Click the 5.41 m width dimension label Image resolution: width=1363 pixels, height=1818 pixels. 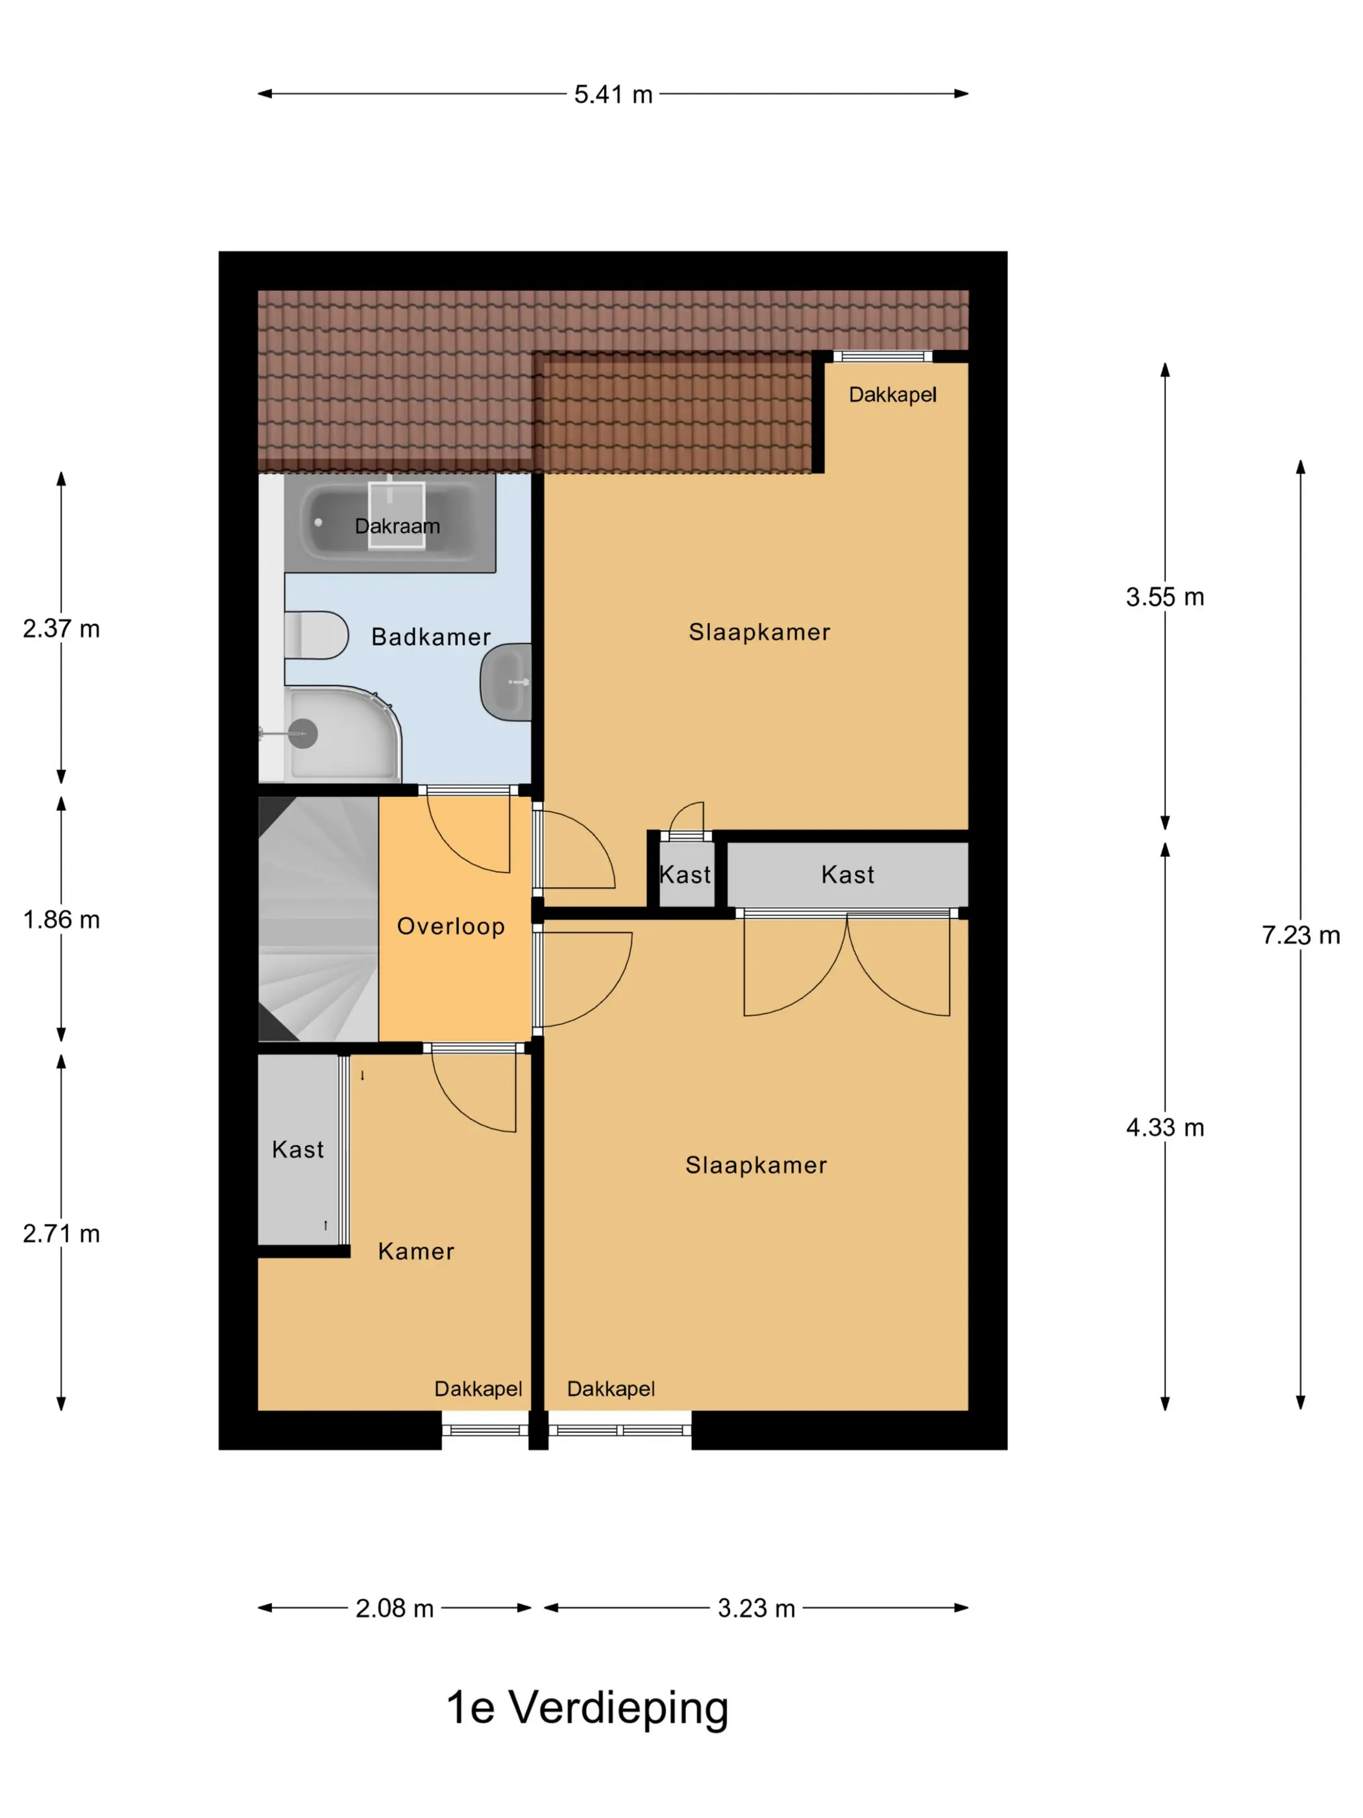613,95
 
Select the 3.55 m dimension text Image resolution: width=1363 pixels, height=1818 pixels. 1165,597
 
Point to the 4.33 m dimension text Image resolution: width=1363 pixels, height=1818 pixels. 1165,1127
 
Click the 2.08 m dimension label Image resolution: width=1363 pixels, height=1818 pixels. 395,1608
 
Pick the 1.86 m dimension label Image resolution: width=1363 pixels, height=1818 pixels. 62,919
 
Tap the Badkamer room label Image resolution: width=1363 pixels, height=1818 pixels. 432,637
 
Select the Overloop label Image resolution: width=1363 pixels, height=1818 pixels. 451,927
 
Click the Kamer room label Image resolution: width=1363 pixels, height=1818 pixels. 416,1251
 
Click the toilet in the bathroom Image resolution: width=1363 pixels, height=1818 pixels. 316,635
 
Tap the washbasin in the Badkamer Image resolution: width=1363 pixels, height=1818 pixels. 506,682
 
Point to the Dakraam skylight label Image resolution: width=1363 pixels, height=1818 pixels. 397,526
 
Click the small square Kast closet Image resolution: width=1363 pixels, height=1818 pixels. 687,875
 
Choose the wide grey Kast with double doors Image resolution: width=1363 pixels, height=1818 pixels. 847,875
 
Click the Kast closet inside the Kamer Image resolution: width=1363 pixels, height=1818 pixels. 298,1149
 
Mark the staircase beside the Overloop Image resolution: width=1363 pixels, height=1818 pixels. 319,919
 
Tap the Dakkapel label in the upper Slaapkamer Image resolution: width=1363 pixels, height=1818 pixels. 892,395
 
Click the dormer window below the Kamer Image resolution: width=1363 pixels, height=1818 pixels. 485,1430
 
